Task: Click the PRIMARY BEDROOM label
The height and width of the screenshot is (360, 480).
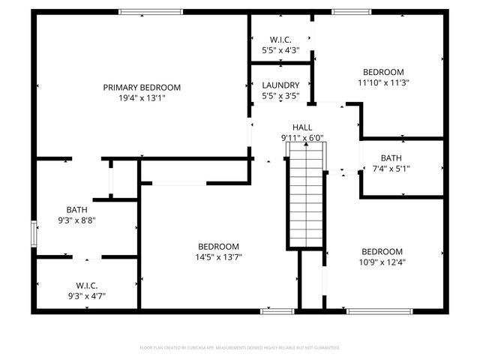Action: pyautogui.click(x=142, y=88)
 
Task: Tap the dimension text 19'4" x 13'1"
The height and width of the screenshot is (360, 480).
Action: pyautogui.click(x=142, y=98)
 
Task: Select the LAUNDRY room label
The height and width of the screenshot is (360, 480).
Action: pyautogui.click(x=280, y=85)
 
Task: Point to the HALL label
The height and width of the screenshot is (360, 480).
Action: pyautogui.click(x=302, y=127)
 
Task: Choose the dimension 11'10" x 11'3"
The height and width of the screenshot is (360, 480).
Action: pyautogui.click(x=382, y=83)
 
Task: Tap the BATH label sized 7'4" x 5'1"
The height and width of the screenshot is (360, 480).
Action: pyautogui.click(x=391, y=157)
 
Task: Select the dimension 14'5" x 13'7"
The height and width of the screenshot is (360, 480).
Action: pyautogui.click(x=218, y=257)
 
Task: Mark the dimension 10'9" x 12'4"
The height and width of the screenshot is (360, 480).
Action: pyautogui.click(x=382, y=262)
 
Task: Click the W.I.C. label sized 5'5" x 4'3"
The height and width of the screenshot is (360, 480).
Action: pyautogui.click(x=280, y=40)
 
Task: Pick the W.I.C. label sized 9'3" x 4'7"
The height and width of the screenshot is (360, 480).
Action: pyautogui.click(x=86, y=285)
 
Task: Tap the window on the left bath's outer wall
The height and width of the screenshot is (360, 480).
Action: pyautogui.click(x=32, y=233)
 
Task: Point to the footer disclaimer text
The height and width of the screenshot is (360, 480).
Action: pyautogui.click(x=240, y=347)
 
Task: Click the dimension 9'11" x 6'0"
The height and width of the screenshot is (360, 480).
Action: pyautogui.click(x=302, y=138)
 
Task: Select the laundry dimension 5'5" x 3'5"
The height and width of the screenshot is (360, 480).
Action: pyautogui.click(x=280, y=96)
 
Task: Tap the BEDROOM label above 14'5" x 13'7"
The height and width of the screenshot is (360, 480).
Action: pyautogui.click(x=218, y=247)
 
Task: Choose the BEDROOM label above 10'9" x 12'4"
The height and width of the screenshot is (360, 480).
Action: pyautogui.click(x=382, y=251)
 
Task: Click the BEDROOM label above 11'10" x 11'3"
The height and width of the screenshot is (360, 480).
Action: pyautogui.click(x=382, y=73)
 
